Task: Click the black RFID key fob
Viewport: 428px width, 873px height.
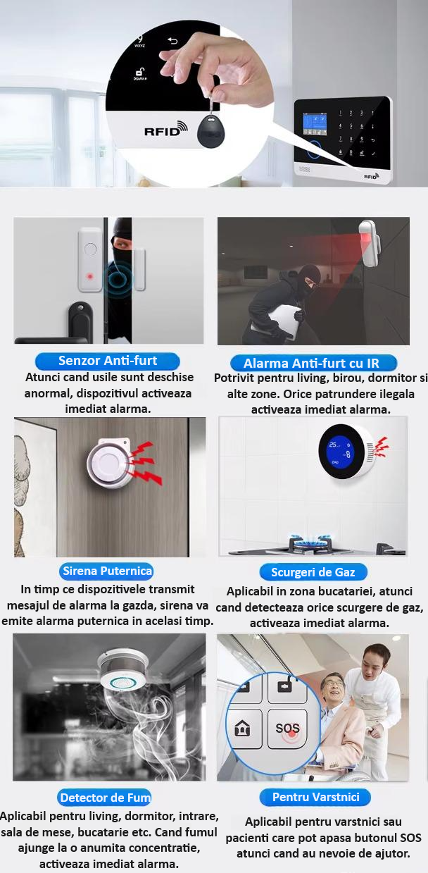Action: click(211, 128)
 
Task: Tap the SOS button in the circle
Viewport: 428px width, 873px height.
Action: click(287, 729)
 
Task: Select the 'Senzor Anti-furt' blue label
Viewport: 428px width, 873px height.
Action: click(108, 361)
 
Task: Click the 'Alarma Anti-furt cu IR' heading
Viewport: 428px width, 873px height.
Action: click(313, 364)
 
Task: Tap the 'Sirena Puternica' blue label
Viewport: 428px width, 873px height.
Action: click(107, 571)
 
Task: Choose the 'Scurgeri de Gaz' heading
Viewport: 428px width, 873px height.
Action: click(313, 572)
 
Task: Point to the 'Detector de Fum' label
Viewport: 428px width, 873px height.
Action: click(105, 798)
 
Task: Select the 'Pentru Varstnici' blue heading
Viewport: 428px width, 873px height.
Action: click(315, 797)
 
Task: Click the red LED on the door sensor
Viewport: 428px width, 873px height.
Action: click(90, 277)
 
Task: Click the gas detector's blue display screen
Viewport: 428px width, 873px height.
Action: click(338, 452)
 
